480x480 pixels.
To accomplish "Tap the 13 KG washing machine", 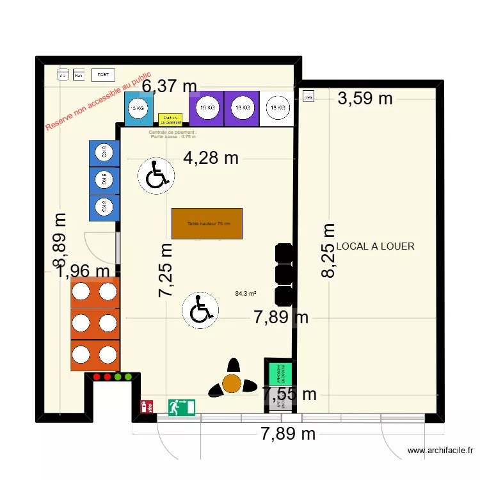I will point(138,109).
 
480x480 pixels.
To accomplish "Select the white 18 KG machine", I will point(277,108).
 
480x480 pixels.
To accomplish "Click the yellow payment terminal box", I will point(170,119).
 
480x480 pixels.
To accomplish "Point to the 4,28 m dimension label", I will point(211,157).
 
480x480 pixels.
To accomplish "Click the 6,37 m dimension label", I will point(170,86).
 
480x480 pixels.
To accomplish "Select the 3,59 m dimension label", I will point(365,98).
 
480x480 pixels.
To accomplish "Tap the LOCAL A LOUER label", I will point(376,246).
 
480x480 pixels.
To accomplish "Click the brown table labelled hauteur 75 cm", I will point(207,223).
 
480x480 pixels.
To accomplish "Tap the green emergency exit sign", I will point(182,407).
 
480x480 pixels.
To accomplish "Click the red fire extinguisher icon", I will point(145,406).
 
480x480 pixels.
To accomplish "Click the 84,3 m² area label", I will point(246,294).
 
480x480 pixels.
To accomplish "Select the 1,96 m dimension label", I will point(84,272).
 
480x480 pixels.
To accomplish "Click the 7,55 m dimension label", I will point(289,394).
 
